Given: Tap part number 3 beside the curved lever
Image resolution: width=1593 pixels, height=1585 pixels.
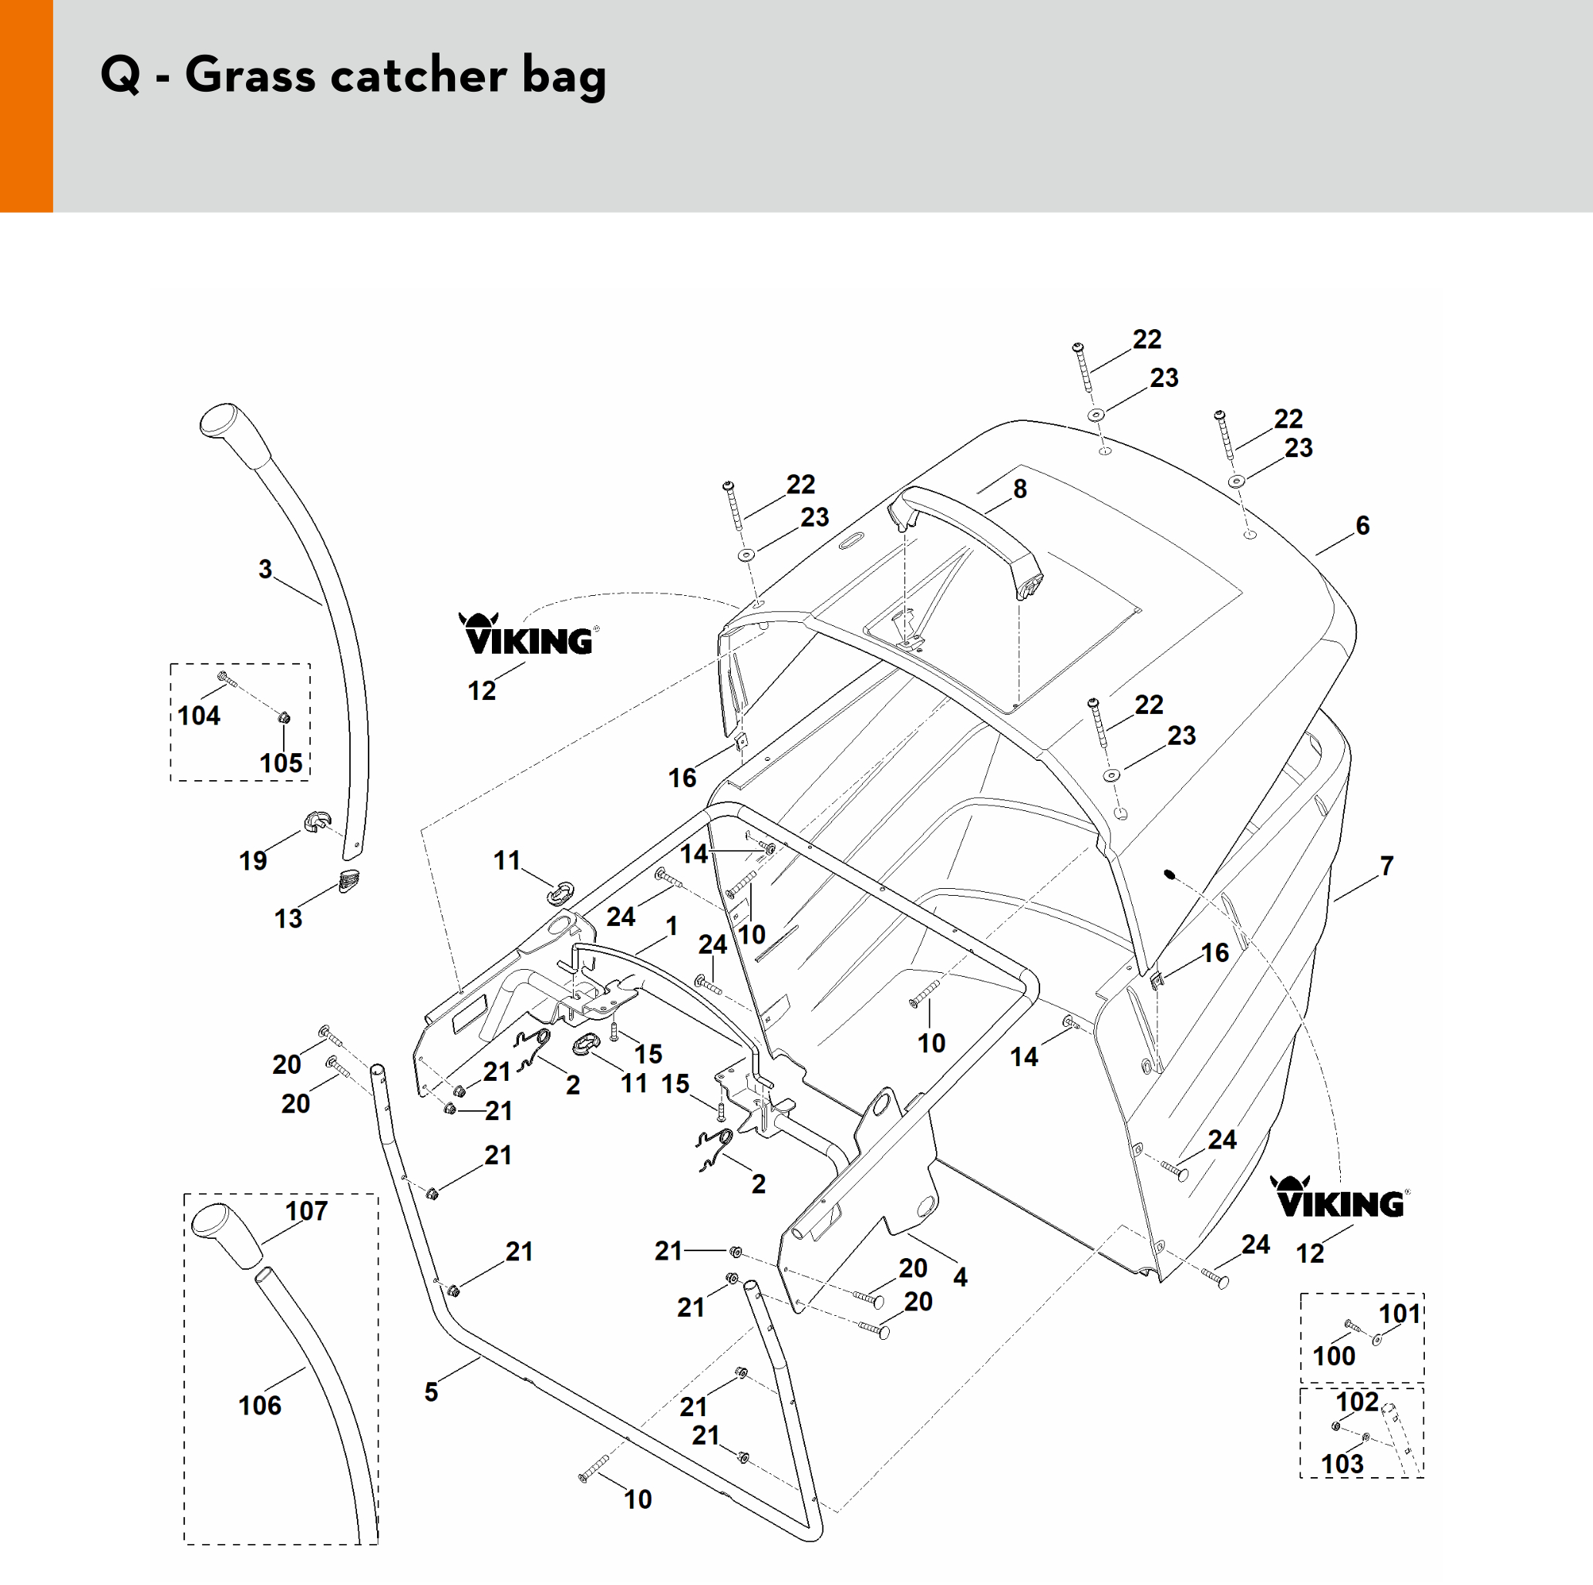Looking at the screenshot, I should coord(264,569).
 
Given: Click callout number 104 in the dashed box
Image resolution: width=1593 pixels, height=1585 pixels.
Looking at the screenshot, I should coord(199,715).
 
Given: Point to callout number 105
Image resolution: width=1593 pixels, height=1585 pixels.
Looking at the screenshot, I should coord(281,762).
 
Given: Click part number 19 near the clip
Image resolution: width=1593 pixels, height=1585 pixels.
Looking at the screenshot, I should coord(253,860).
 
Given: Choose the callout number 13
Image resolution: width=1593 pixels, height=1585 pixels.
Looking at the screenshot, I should coord(288,918).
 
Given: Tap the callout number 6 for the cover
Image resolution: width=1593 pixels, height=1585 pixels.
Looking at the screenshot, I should coord(1363,525).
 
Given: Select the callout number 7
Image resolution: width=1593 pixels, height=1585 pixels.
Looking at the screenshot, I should coord(1387,866).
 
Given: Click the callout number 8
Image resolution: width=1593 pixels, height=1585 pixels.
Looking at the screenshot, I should coord(1020,489).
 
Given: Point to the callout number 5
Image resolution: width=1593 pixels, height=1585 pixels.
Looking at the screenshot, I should coord(431,1392).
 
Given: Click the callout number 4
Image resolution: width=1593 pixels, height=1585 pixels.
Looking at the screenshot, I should coord(961,1277).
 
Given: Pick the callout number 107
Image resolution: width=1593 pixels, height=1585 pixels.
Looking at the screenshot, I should coord(307,1211).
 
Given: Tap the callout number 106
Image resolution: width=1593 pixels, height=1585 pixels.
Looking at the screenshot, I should coord(260,1405).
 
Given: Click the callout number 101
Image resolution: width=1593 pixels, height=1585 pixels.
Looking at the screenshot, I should coord(1400,1314).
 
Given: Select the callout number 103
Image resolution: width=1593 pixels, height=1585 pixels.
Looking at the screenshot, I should coord(1342,1464).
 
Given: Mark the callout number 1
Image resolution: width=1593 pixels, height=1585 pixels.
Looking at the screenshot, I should coord(672,926).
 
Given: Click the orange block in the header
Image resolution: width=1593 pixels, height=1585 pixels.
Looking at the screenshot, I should coord(26,106).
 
